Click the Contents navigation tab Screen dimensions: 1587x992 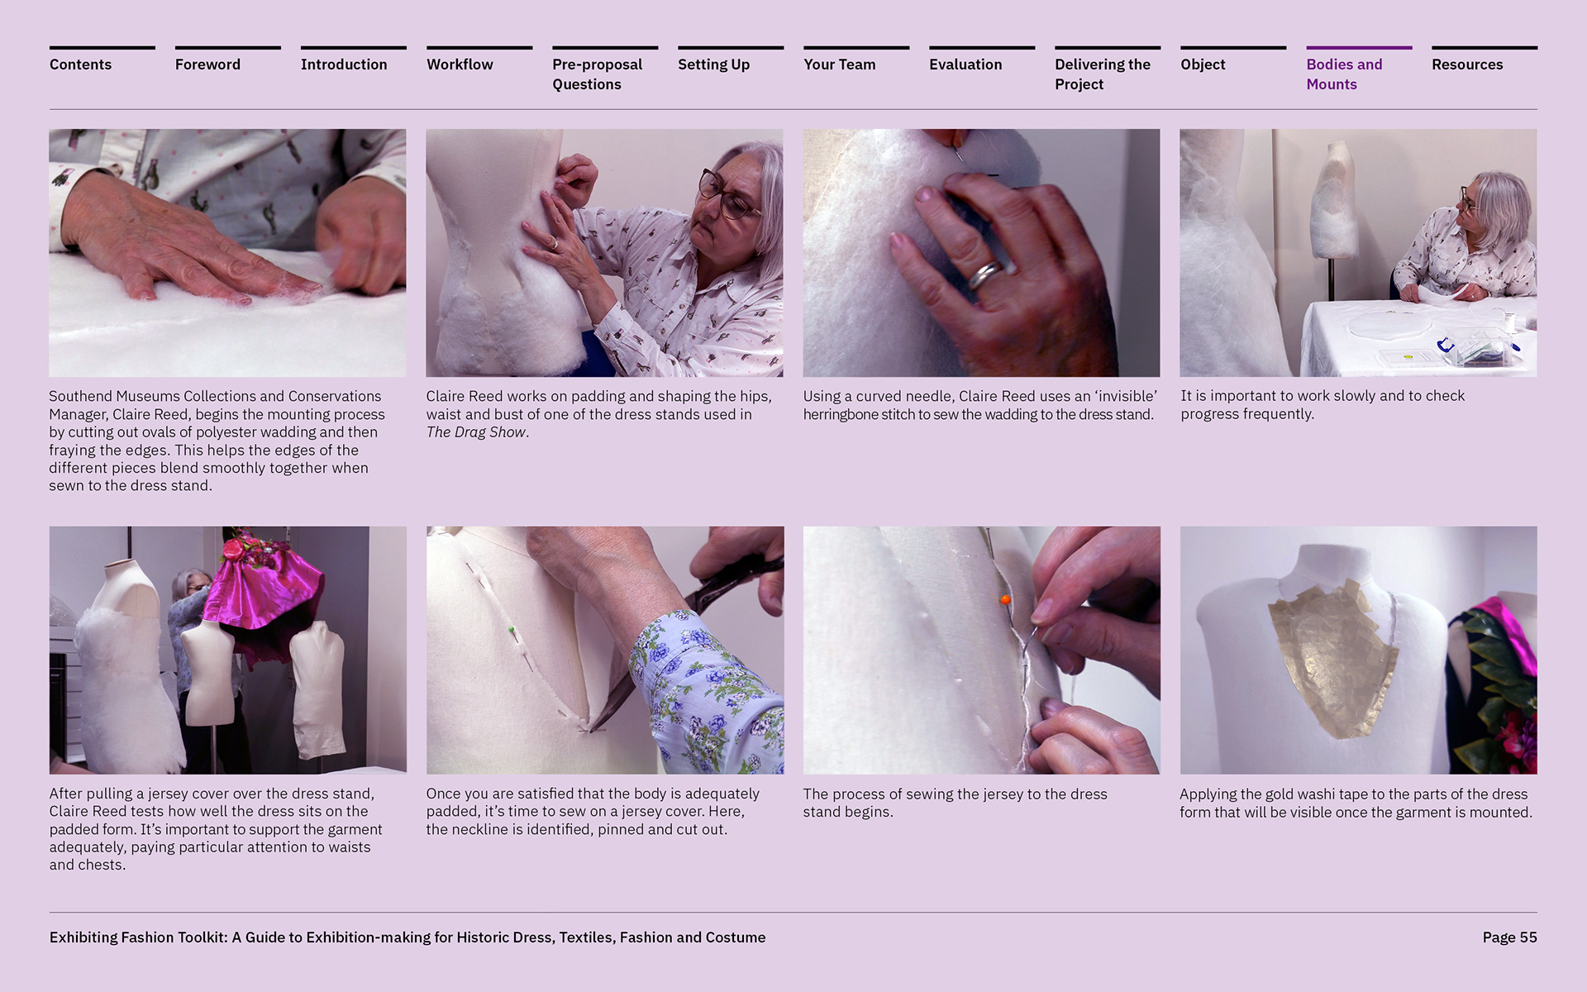80,64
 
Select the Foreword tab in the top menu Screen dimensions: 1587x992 207,64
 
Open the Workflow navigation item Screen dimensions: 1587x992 460,64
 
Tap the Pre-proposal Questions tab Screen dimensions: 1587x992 597,74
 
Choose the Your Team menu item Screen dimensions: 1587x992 839,64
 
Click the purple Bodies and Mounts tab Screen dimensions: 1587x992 1344,74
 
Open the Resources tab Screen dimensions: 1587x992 1467,64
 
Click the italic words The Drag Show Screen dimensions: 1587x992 476,432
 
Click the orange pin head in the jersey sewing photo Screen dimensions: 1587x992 1005,599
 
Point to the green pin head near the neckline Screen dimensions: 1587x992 512,630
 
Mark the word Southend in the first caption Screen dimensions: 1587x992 80,396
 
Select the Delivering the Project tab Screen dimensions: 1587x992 1103,74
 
